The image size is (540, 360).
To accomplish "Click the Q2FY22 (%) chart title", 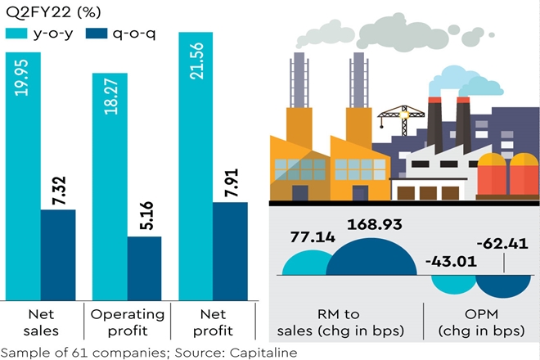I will point(49,11).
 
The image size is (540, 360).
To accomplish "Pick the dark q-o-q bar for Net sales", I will point(58,254).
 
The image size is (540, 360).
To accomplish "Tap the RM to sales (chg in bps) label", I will point(344,322).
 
